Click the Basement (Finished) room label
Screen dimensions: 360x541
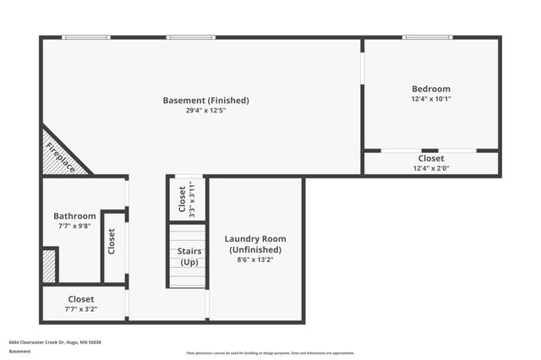click(x=205, y=101)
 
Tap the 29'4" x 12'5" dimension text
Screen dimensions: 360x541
click(x=205, y=111)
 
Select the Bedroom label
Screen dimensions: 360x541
click(x=431, y=89)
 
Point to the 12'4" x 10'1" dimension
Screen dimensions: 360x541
click(x=431, y=99)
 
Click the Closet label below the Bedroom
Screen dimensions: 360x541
click(x=431, y=158)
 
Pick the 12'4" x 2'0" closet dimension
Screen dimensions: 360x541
click(x=431, y=168)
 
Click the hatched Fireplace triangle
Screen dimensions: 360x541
click(x=59, y=155)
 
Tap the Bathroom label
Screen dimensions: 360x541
click(x=74, y=216)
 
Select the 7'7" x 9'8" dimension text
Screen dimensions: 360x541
click(x=74, y=226)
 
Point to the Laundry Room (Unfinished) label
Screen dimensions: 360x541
click(x=255, y=244)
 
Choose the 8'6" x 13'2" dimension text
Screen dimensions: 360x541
click(x=255, y=259)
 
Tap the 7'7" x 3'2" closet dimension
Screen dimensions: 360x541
click(x=81, y=309)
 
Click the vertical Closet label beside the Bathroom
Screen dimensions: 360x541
click(x=112, y=242)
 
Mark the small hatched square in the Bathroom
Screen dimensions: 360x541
click(x=49, y=265)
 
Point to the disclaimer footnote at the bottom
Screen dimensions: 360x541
click(x=270, y=352)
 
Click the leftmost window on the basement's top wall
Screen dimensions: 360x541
click(x=87, y=37)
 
